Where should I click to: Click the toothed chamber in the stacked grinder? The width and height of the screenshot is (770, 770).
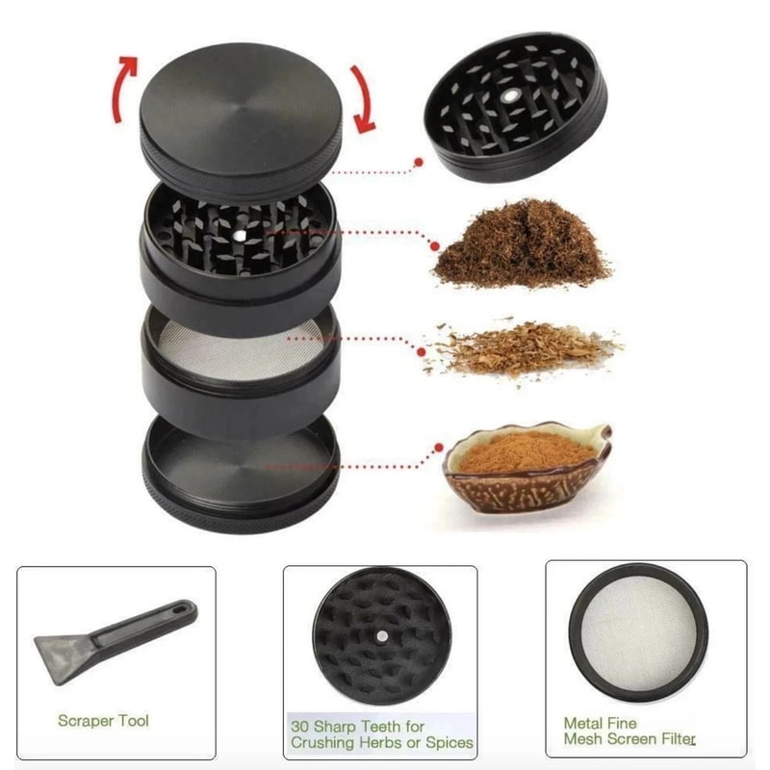pos(238,236)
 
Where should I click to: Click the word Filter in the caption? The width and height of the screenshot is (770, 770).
pos(674,739)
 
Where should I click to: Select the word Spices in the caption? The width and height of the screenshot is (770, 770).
pos(449,743)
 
